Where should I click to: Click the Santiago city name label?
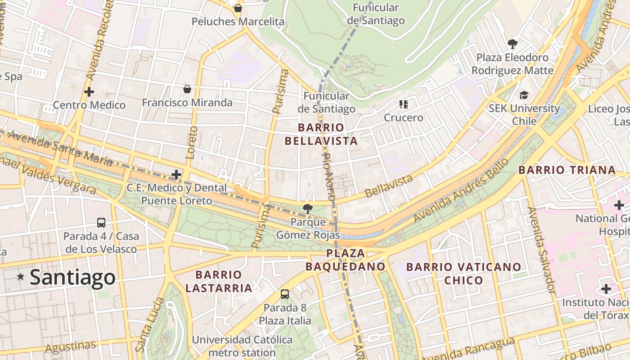coord(72,277)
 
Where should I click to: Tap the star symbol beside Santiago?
coord(21,277)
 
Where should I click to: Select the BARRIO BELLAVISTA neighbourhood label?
coord(321,134)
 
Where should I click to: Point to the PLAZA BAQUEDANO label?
coord(346,260)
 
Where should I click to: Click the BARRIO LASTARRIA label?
coord(219,281)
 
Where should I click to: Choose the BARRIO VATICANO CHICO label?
coord(463,274)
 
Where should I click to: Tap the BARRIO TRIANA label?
coord(567,170)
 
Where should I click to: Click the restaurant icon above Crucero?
coord(403,104)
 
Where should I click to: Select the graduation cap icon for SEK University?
coord(524,95)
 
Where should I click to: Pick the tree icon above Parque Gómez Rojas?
coord(308,208)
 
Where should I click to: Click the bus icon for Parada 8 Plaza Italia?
coord(284,294)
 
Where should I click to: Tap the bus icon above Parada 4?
coord(101,222)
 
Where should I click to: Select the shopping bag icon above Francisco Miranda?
coord(187,89)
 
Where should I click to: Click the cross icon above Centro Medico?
coord(89,92)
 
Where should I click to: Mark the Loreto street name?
coord(192,143)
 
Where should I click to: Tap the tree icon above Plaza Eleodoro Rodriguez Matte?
coord(512,44)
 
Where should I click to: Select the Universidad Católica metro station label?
coord(242,346)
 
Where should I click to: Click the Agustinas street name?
coord(71,347)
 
